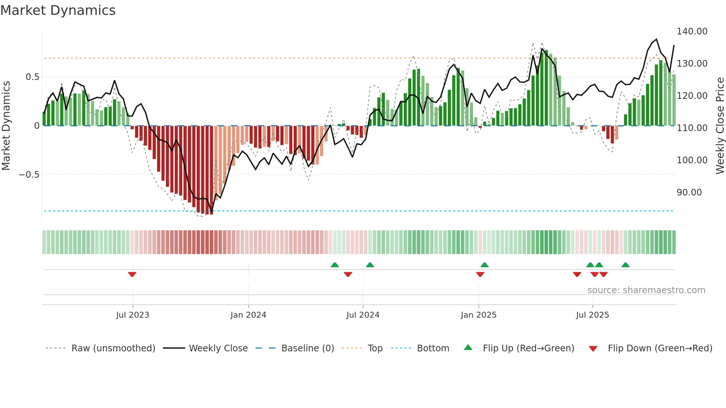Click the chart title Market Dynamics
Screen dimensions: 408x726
pyautogui.click(x=58, y=10)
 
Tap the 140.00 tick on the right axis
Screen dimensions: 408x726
pyautogui.click(x=692, y=31)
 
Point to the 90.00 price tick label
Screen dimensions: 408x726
pyautogui.click(x=689, y=193)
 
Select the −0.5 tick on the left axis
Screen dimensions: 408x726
pyautogui.click(x=29, y=175)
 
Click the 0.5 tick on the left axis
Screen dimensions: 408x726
pyautogui.click(x=32, y=77)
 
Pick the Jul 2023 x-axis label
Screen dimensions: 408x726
pyautogui.click(x=133, y=315)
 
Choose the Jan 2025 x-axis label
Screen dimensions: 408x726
pyautogui.click(x=479, y=315)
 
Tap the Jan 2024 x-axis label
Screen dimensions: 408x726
pyautogui.click(x=248, y=315)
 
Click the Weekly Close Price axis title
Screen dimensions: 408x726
pyautogui.click(x=720, y=126)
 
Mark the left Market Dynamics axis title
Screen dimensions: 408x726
pyautogui.click(x=6, y=126)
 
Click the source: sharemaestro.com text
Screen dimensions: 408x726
pyautogui.click(x=646, y=290)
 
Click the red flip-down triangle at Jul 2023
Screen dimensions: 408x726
pyautogui.click(x=132, y=274)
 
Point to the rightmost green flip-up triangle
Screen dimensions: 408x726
pyautogui.click(x=625, y=265)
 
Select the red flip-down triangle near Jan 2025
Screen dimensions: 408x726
pyautogui.click(x=480, y=274)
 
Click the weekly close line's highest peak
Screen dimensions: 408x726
pyautogui.click(x=656, y=39)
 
